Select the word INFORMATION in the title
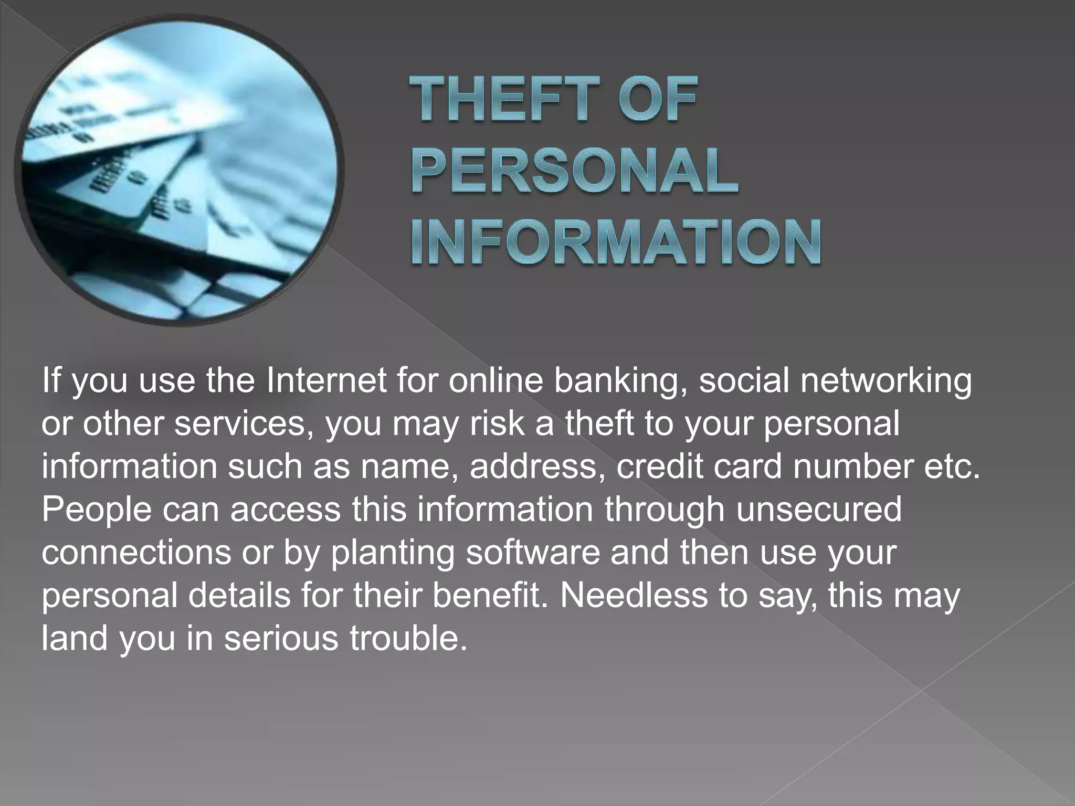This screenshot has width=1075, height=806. [x=616, y=242]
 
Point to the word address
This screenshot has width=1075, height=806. [x=533, y=466]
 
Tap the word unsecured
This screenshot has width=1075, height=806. [x=819, y=510]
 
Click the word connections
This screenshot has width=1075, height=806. [x=136, y=553]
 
